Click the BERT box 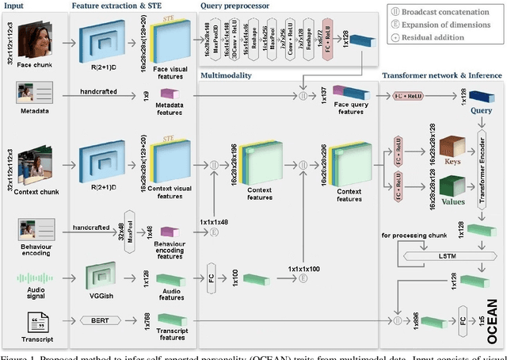point(109,320)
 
